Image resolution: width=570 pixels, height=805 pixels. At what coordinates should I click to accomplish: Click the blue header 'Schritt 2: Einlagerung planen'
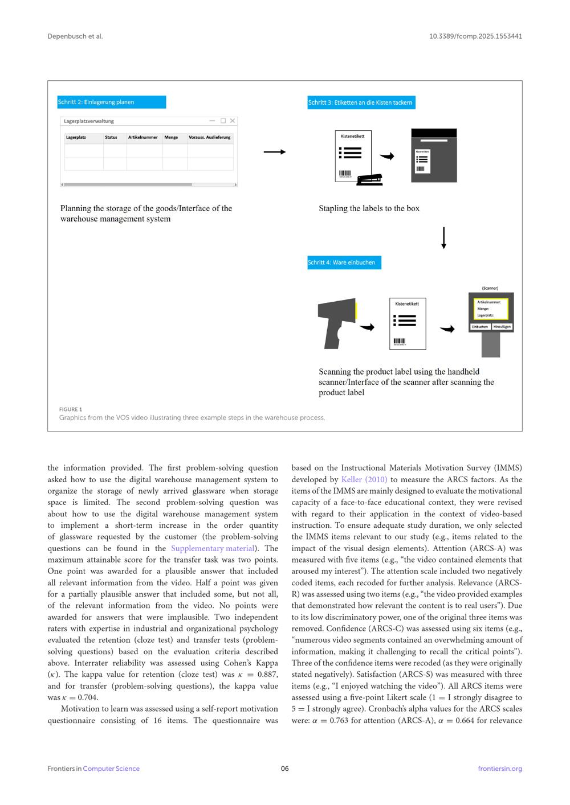(x=111, y=102)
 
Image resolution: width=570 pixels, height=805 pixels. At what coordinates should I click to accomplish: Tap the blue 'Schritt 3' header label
(x=361, y=102)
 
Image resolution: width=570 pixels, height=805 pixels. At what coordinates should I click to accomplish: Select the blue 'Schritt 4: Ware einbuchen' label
(x=344, y=262)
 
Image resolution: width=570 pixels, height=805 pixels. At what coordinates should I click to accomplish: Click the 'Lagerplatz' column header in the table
(x=76, y=137)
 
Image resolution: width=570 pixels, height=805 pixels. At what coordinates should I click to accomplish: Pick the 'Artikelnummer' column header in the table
(x=143, y=137)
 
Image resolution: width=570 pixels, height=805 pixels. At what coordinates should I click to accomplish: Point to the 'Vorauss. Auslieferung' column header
(x=210, y=137)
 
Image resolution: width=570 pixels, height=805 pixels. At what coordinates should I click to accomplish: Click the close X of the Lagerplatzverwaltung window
(x=232, y=121)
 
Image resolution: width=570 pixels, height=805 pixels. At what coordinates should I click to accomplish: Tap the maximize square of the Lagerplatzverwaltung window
(x=223, y=121)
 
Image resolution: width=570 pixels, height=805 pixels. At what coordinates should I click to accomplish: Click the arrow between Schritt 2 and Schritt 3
(x=274, y=152)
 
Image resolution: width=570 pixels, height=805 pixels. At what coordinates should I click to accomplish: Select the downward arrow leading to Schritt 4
(x=443, y=238)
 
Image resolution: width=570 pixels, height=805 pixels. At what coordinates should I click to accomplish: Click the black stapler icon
(x=369, y=180)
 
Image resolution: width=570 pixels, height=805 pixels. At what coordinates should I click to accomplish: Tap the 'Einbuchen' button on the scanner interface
(x=480, y=327)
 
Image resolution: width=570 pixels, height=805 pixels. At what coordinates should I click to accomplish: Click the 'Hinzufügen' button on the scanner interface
(x=502, y=327)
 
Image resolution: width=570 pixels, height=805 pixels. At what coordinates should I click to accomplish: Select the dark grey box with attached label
(x=434, y=155)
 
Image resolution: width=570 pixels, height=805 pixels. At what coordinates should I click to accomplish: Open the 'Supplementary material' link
(x=213, y=548)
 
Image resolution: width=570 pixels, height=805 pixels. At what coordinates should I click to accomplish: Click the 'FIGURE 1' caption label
(x=71, y=409)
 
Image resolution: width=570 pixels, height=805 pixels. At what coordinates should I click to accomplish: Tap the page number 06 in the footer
(x=285, y=769)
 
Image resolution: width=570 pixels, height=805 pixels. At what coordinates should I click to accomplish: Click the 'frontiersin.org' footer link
(x=500, y=769)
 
